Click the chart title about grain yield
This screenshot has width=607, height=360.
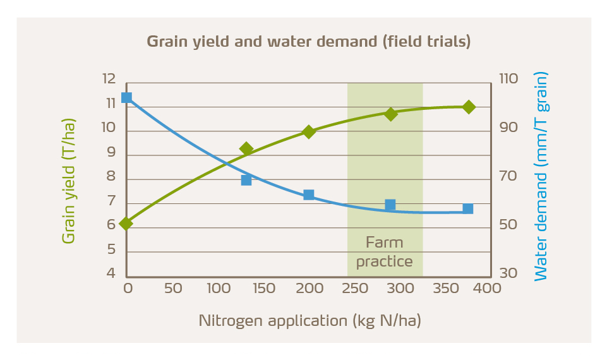click(309, 42)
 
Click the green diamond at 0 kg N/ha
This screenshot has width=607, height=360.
click(126, 224)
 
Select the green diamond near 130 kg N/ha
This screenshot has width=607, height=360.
click(246, 149)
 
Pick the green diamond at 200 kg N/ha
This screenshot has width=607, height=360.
click(309, 131)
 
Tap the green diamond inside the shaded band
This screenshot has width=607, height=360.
click(390, 114)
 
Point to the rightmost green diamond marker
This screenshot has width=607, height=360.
click(469, 107)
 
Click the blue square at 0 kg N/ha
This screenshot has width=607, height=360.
click(126, 98)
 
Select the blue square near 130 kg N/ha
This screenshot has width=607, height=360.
click(246, 180)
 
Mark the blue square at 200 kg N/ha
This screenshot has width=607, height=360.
click(309, 195)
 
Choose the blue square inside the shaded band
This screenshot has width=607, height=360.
click(390, 205)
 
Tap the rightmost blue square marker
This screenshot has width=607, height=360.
click(468, 208)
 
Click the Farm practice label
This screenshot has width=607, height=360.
click(384, 252)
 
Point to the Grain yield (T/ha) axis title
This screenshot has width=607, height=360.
click(68, 180)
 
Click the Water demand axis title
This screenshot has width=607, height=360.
click(541, 176)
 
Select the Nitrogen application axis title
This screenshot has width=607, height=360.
click(310, 320)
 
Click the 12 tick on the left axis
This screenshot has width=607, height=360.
click(109, 80)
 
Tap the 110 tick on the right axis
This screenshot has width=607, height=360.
click(508, 80)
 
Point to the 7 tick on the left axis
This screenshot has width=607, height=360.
click(111, 201)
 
